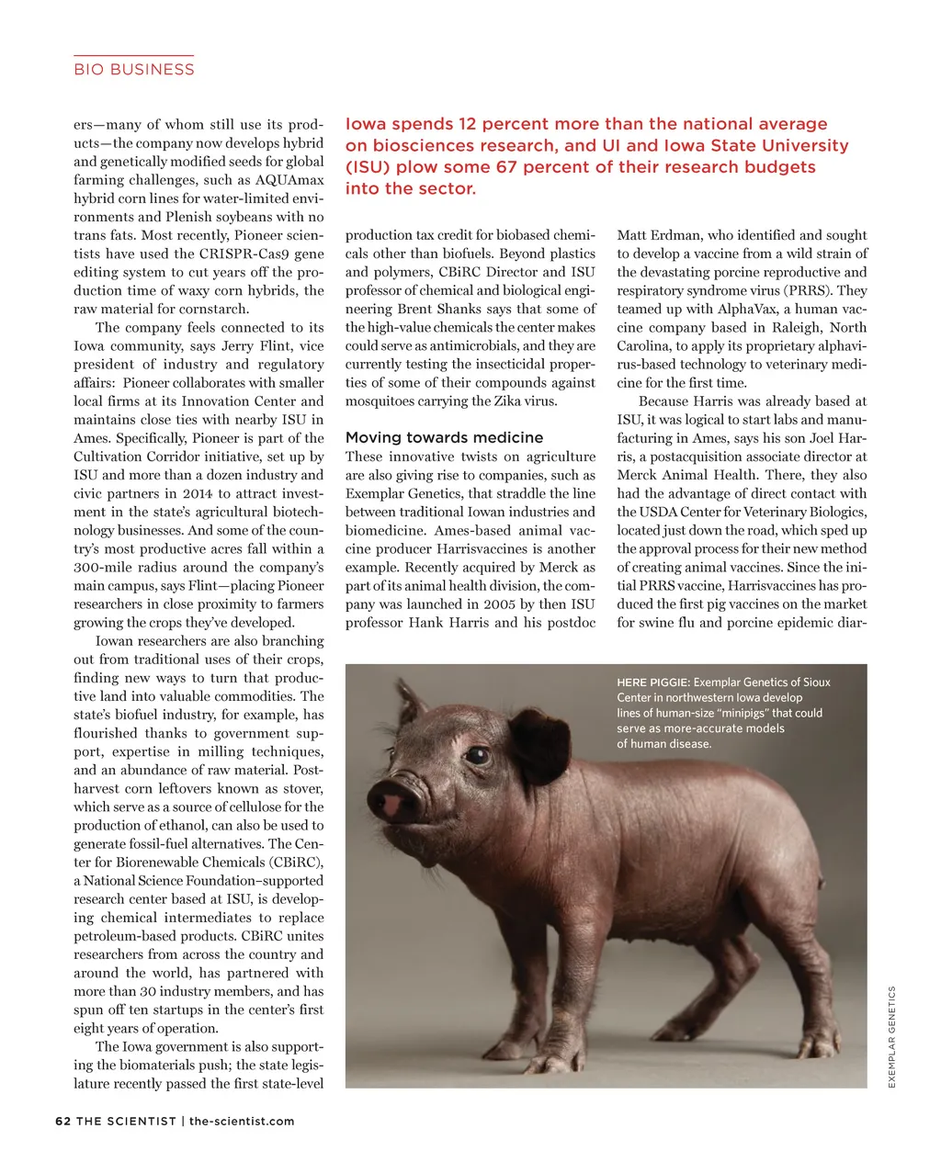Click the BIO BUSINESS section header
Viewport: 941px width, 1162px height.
pos(134,70)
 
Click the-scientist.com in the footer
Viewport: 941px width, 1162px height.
pos(242,1121)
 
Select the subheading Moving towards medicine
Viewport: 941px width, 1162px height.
pos(444,437)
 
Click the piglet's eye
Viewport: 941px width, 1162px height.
pos(477,755)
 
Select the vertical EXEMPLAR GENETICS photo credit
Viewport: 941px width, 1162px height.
pos(891,1037)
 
